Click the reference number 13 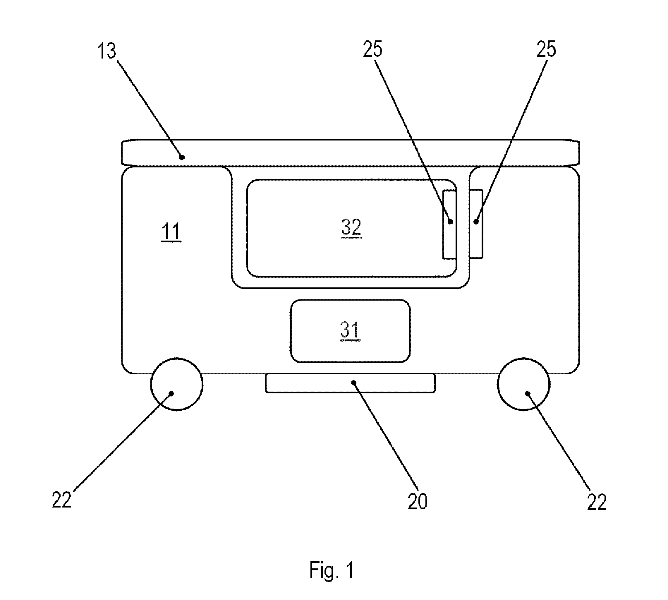107,52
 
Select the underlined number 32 351,227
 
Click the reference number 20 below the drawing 418,502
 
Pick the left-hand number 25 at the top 373,49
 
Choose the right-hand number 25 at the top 546,49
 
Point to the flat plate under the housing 350,383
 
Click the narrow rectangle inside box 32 449,224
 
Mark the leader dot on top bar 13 182,157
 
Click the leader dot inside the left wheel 171,393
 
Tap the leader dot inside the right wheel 527,393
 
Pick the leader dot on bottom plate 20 354,383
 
